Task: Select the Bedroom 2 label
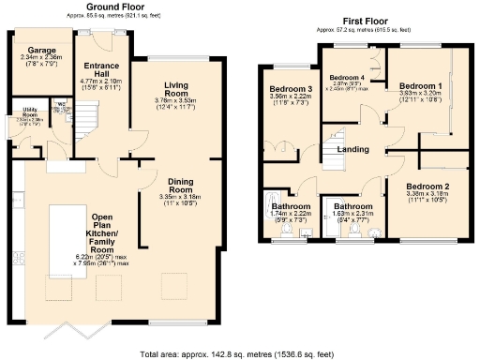point(427,187)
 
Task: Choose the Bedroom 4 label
point(349,77)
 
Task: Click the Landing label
point(352,150)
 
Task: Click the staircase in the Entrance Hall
point(88,117)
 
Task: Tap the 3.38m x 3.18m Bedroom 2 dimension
point(427,199)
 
